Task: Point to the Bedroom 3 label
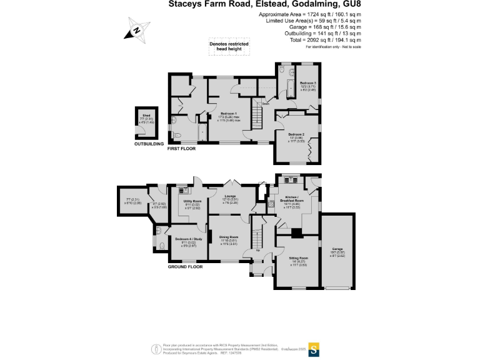click(x=307, y=83)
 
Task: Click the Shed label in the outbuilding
click(x=147, y=116)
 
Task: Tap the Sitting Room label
click(x=299, y=258)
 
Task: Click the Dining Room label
click(x=229, y=237)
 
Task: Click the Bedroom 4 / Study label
click(x=189, y=239)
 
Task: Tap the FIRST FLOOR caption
click(x=181, y=149)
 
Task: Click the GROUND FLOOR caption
click(x=186, y=267)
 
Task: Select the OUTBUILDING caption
click(x=149, y=144)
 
